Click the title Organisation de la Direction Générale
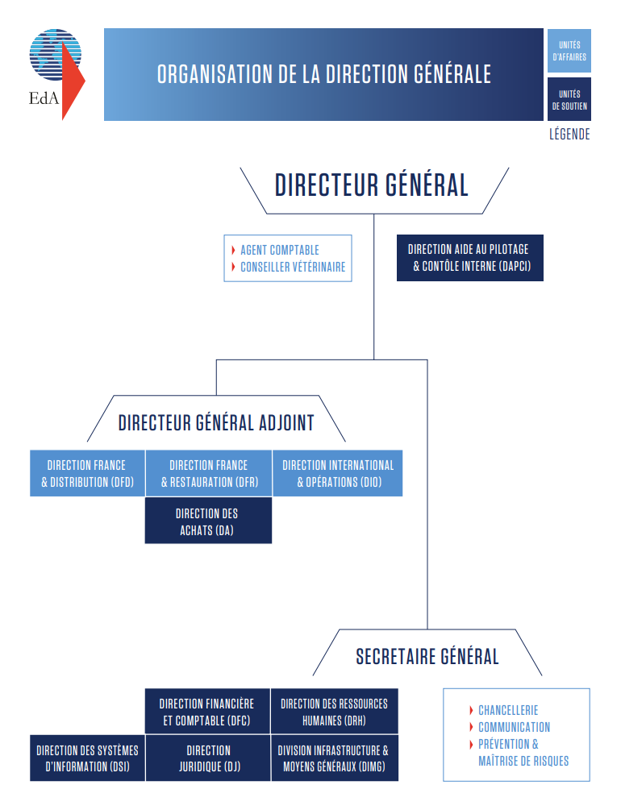pos(324,74)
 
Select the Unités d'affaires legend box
pos(569,51)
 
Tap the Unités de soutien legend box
pos(569,99)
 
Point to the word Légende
pos(569,135)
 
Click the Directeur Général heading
pos(371,185)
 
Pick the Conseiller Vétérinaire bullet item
pos(288,267)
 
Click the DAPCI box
pos(470,258)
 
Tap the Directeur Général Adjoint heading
pos(216,422)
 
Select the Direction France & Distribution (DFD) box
pos(87,473)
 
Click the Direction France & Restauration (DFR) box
pos(209,473)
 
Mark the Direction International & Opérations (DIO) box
pos(338,473)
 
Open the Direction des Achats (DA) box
pos(208,521)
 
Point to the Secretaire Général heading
pos(427,657)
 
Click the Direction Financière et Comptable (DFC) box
pos(207,712)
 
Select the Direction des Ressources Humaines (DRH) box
pos(335,712)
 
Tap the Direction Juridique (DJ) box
pos(208,758)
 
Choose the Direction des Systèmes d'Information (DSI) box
pos(87,758)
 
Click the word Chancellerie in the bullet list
pos(508,710)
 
